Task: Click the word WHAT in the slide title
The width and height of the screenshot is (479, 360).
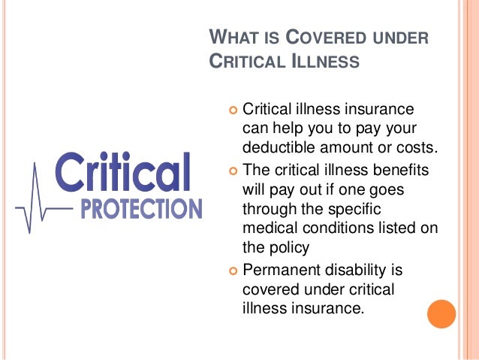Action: point(230,36)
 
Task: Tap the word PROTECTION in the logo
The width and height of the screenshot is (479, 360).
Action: point(141,207)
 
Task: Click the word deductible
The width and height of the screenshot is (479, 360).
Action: point(277,145)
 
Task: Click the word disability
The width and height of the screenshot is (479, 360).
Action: point(363,268)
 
